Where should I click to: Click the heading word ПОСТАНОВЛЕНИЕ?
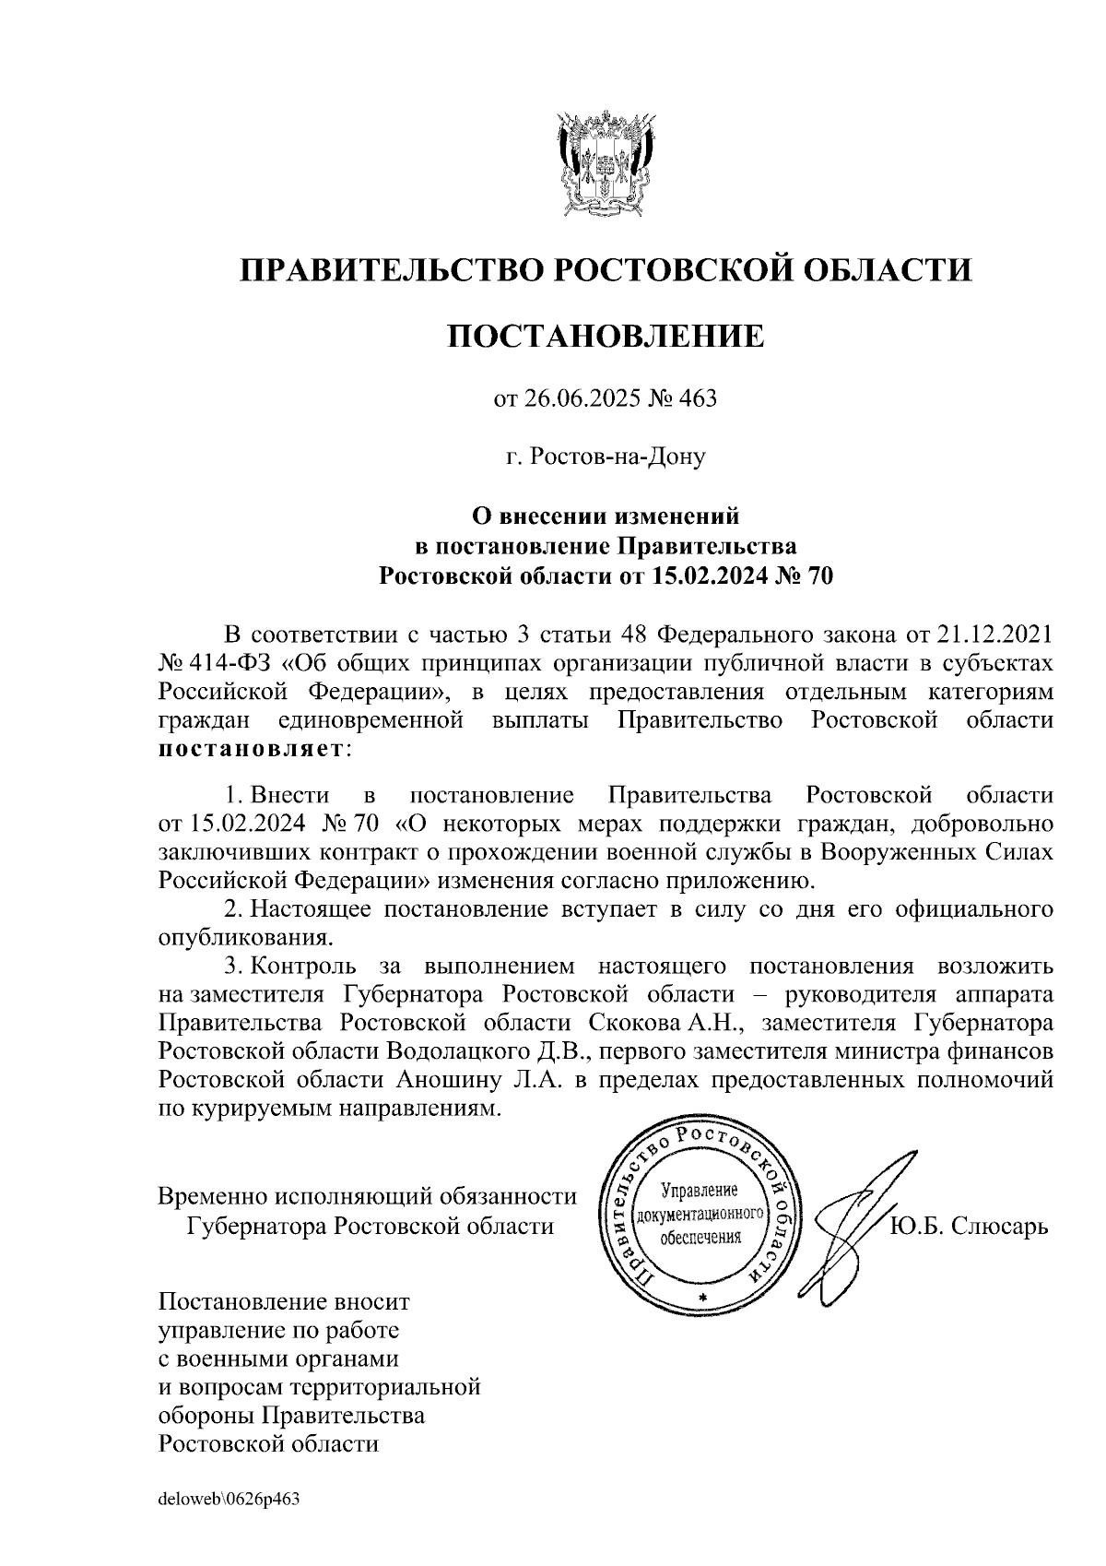pyautogui.click(x=606, y=336)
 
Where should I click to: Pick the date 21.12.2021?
pyautogui.click(x=994, y=635)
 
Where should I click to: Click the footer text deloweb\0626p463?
pyautogui.click(x=229, y=1500)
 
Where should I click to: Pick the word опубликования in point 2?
pyautogui.click(x=244, y=939)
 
